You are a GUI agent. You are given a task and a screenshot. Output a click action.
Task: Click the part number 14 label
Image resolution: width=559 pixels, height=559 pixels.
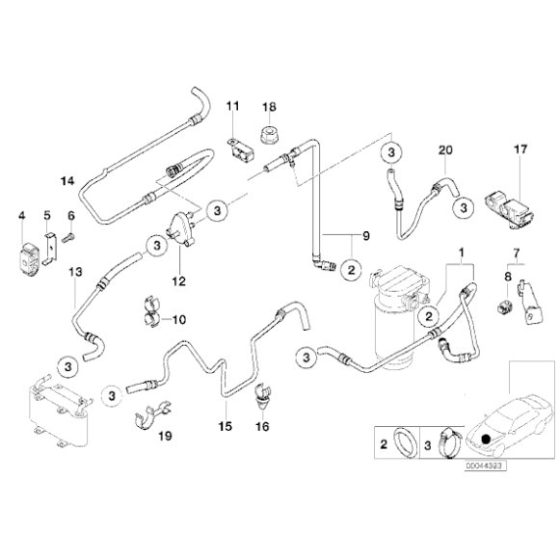click(x=67, y=181)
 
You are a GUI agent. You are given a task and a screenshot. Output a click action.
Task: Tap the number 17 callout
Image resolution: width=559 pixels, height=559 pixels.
click(x=520, y=149)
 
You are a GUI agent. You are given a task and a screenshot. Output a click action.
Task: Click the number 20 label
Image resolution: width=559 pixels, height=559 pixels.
click(x=444, y=149)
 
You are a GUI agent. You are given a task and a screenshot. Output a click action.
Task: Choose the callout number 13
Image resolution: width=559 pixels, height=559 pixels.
click(x=76, y=273)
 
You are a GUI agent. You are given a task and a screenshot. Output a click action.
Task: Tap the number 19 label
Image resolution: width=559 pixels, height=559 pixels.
click(x=164, y=437)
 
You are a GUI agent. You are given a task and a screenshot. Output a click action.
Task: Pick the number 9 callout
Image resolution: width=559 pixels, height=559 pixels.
click(x=365, y=235)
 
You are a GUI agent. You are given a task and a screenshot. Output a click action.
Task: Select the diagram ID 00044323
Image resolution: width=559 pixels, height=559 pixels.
click(x=484, y=466)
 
